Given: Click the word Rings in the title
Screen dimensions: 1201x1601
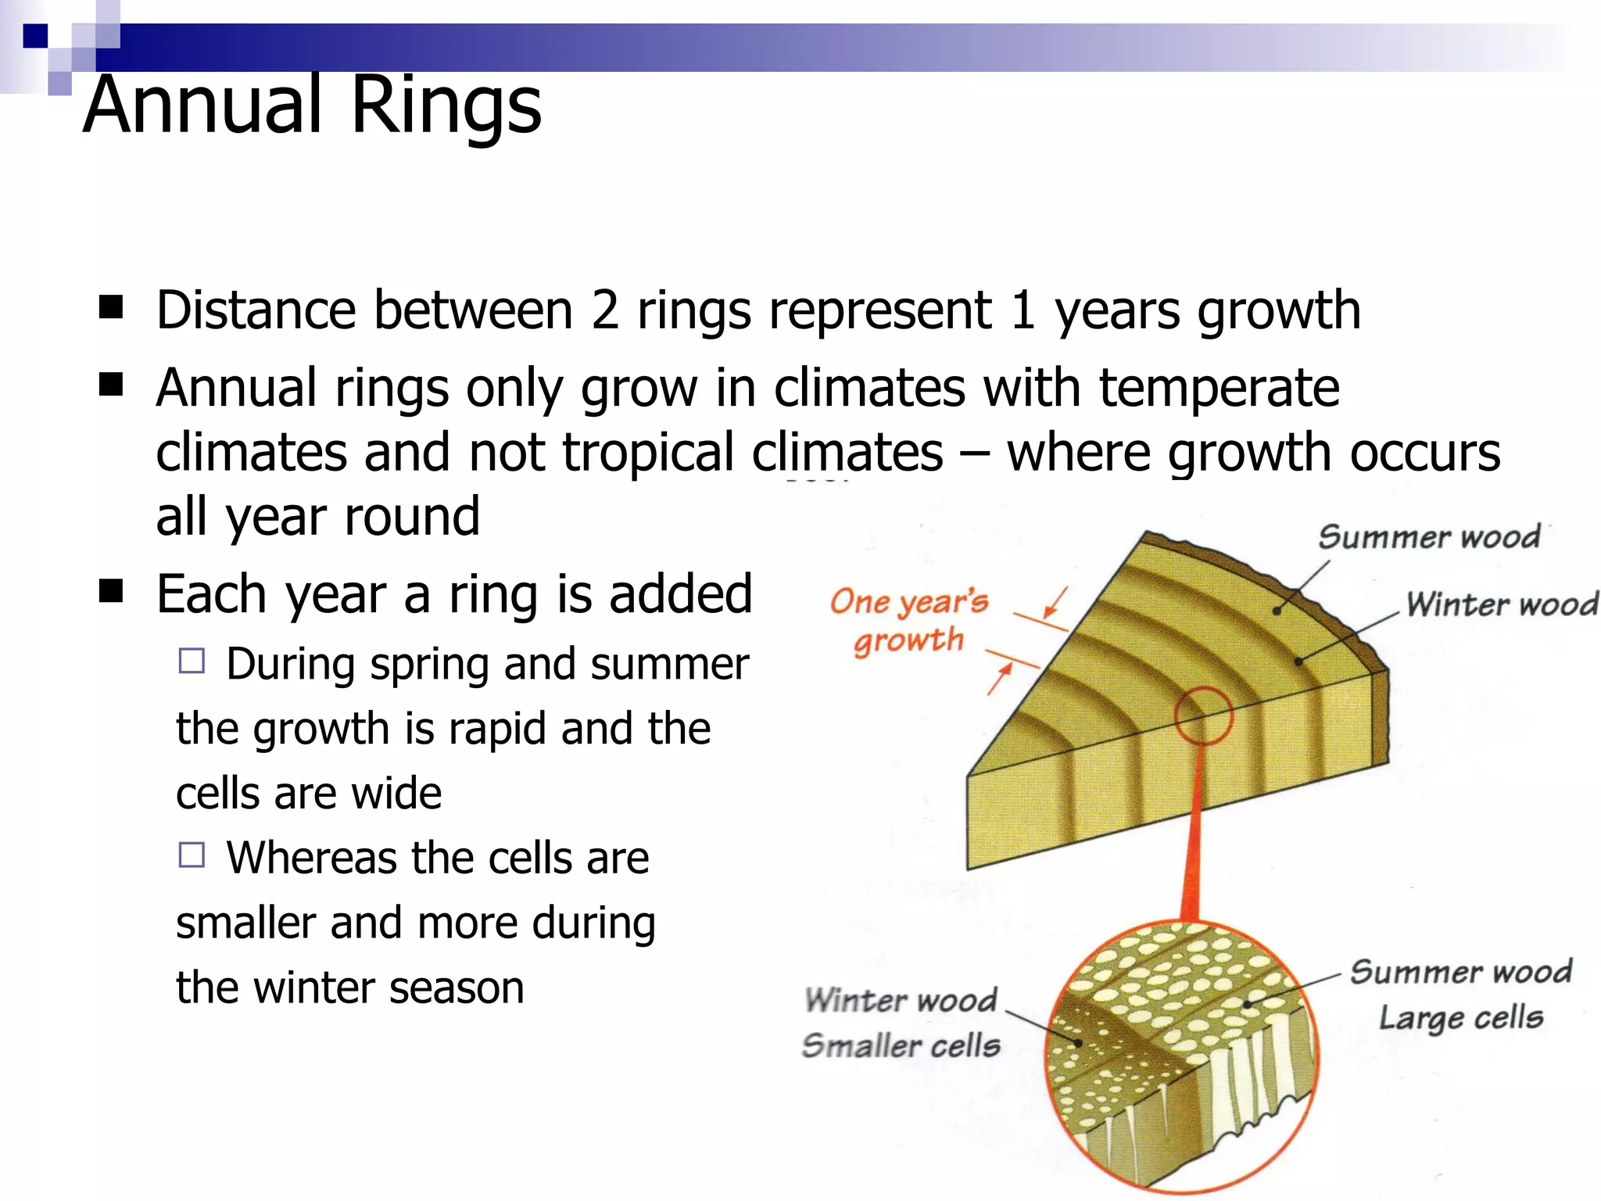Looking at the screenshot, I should point(446,106).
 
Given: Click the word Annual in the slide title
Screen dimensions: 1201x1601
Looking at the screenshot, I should point(203,106).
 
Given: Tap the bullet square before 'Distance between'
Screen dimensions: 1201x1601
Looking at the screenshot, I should point(111,308).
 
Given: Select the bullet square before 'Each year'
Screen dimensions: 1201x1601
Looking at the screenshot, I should point(111,592).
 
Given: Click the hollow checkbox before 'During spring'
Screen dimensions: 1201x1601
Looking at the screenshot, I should point(192,661).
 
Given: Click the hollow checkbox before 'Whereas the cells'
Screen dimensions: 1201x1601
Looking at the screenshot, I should point(192,855).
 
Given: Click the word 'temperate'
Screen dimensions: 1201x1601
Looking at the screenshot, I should point(1219,388).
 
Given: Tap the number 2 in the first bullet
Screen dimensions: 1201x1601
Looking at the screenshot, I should point(604,310).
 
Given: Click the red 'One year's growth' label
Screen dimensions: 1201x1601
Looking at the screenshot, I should point(908,621).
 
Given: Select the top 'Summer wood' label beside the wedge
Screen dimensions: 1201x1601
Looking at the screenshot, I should point(1429,537).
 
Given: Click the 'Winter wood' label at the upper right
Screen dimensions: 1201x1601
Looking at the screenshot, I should point(1501,604).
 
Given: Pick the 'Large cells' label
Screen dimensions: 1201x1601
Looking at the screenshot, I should point(1460,1018).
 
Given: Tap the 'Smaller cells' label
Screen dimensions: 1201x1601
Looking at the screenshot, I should point(901,1045).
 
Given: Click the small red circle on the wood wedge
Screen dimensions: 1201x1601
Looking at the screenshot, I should point(1203,715).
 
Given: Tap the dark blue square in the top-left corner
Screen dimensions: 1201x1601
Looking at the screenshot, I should point(35,36).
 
